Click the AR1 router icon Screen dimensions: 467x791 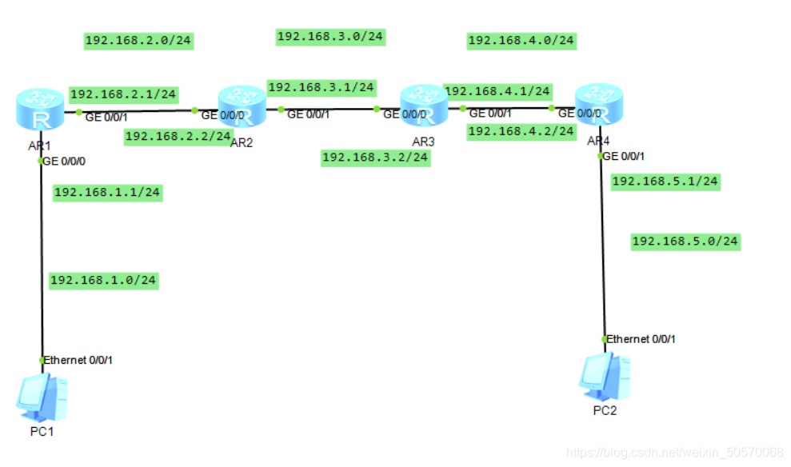click(39, 112)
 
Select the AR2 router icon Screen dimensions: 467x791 click(242, 109)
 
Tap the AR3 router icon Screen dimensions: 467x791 click(424, 108)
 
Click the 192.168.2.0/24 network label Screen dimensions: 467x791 click(139, 41)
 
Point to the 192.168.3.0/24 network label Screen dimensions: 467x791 click(330, 36)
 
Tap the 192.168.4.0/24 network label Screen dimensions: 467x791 click(521, 40)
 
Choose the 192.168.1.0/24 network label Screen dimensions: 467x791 click(103, 280)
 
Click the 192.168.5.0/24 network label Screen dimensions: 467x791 click(685, 241)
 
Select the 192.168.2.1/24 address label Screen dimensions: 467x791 click(123, 94)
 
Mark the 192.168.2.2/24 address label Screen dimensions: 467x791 click(178, 137)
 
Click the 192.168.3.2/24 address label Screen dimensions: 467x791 click(375, 158)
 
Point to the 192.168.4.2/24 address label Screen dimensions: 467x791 click(521, 131)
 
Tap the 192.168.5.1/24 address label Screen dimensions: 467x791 click(665, 182)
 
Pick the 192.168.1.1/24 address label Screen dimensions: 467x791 click(107, 192)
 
